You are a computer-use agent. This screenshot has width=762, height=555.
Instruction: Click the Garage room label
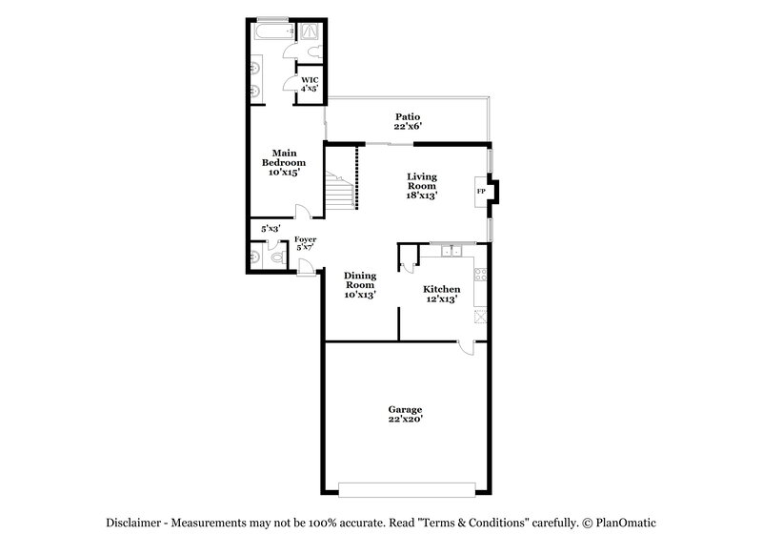click(405, 409)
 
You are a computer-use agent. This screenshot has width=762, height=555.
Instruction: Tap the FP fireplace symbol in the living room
click(481, 192)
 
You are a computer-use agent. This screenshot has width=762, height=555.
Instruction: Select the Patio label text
click(408, 117)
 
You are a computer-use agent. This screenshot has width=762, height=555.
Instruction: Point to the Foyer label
click(305, 239)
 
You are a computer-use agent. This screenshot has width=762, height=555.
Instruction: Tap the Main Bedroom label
click(284, 157)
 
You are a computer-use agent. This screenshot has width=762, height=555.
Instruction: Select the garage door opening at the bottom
click(405, 489)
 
